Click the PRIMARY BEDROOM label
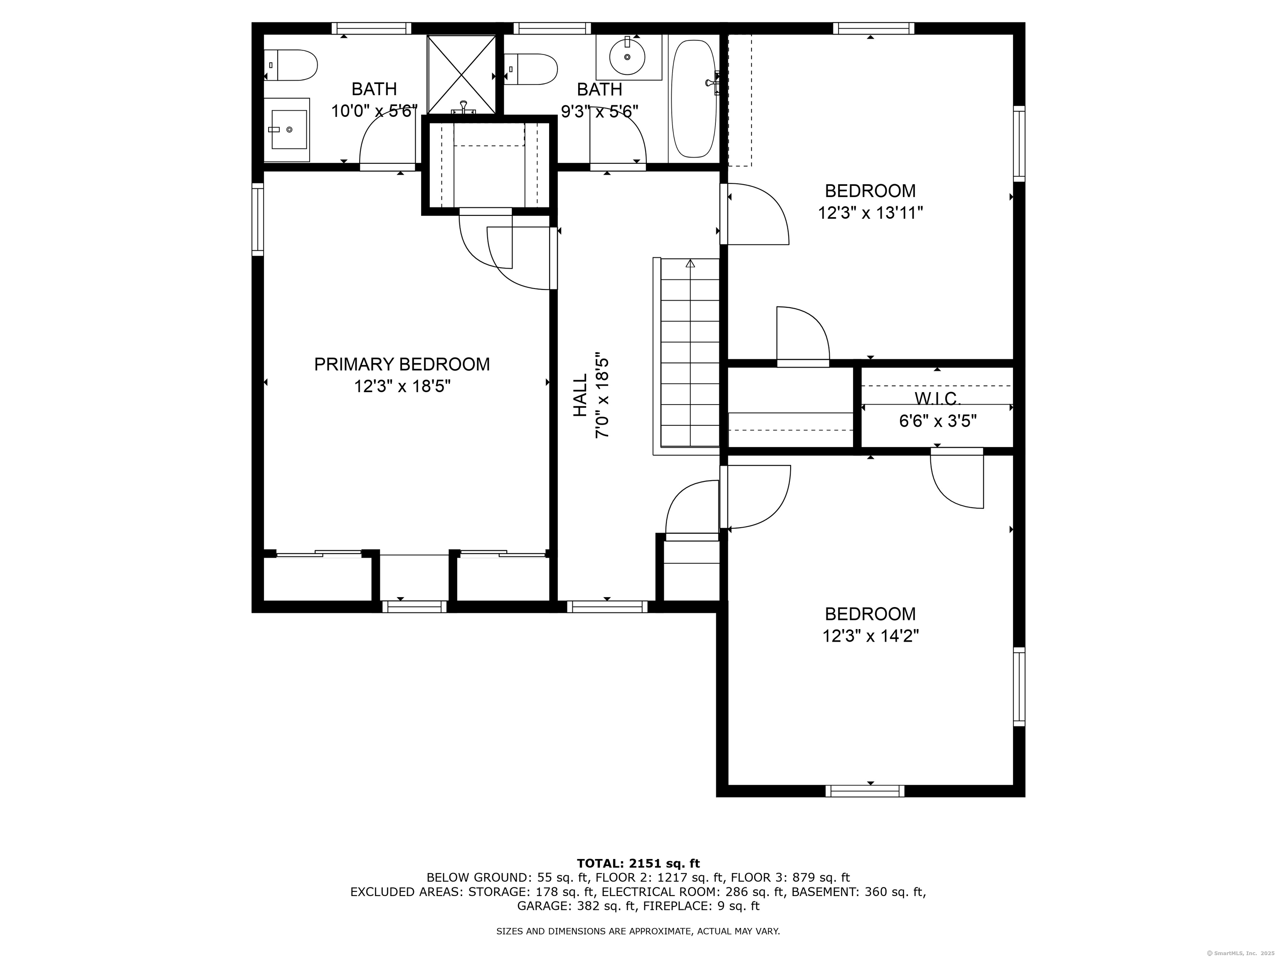pyautogui.click(x=402, y=364)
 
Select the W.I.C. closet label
pyautogui.click(x=937, y=398)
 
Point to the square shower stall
pyautogui.click(x=461, y=74)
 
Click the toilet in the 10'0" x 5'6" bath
pyautogui.click(x=291, y=65)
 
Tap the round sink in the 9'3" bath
pyautogui.click(x=628, y=57)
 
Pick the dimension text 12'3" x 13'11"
pyautogui.click(x=870, y=213)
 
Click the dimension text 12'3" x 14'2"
pyautogui.click(x=870, y=636)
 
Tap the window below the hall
pyautogui.click(x=607, y=606)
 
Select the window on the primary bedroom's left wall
pyautogui.click(x=257, y=220)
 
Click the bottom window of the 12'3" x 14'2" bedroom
pyautogui.click(x=864, y=791)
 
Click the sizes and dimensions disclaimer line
pyautogui.click(x=638, y=931)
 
